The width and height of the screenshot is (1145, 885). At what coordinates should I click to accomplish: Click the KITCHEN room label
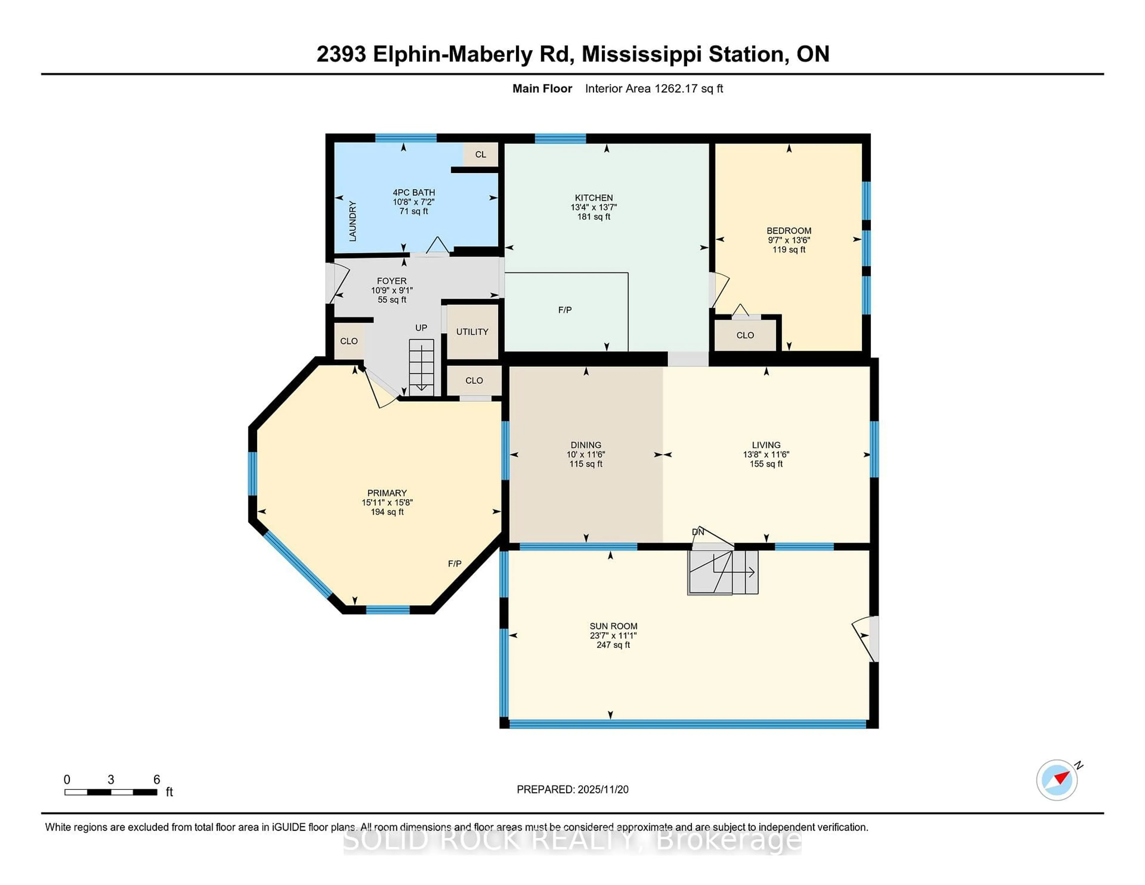click(x=593, y=198)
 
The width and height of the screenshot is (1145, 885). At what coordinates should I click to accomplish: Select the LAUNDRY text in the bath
click(x=353, y=221)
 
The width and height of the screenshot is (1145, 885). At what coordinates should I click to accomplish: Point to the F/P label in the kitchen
click(x=565, y=310)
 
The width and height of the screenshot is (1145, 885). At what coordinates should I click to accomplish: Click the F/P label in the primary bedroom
click(x=454, y=564)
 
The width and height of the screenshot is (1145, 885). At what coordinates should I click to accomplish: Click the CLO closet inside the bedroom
click(x=745, y=335)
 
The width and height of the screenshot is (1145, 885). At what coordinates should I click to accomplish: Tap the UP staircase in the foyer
click(x=422, y=367)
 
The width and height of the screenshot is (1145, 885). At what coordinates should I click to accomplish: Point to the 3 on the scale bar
click(x=111, y=780)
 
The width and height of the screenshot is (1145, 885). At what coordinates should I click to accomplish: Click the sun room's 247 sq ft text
click(x=613, y=645)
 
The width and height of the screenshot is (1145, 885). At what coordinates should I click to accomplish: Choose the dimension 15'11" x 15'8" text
click(x=387, y=502)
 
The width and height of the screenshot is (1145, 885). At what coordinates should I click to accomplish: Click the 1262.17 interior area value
click(x=676, y=89)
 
